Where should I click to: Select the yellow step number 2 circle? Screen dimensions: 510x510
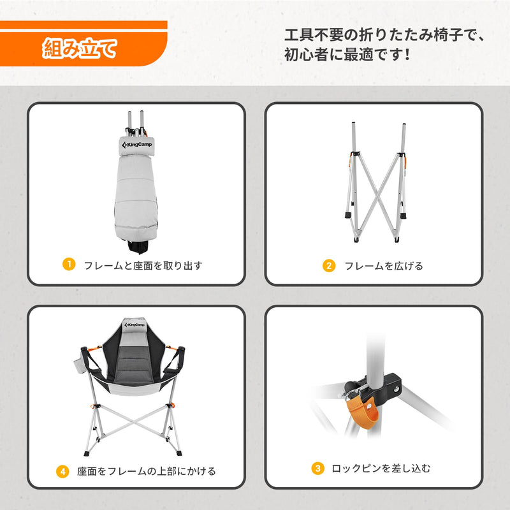(329, 266)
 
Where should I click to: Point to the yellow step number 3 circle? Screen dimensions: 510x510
(317, 469)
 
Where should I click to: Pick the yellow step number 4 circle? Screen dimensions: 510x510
(62, 472)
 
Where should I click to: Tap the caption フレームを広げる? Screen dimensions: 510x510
(383, 266)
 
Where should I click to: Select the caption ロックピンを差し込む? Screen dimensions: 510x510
(381, 469)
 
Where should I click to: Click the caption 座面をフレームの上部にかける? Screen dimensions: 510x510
(146, 472)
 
